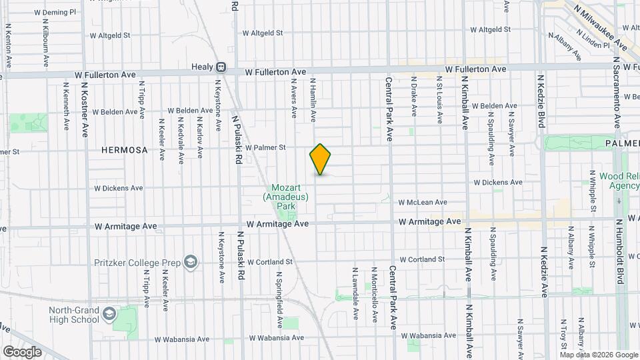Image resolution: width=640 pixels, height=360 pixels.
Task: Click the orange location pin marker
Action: [321, 159]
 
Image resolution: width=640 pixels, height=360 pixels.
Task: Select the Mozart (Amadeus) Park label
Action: [286, 197]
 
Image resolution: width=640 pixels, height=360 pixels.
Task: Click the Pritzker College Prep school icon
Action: [191, 261]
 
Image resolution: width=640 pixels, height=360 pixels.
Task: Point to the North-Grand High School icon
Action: [109, 313]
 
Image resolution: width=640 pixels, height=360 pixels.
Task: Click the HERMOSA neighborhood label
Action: [124, 150]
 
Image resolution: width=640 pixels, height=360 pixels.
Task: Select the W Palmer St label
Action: [265, 147]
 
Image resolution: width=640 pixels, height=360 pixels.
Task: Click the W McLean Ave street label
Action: [423, 202]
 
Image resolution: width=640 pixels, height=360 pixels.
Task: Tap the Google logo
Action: [22, 351]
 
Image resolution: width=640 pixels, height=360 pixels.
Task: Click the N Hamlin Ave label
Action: [313, 100]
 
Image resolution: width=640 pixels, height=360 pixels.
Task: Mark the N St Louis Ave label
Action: [439, 100]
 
